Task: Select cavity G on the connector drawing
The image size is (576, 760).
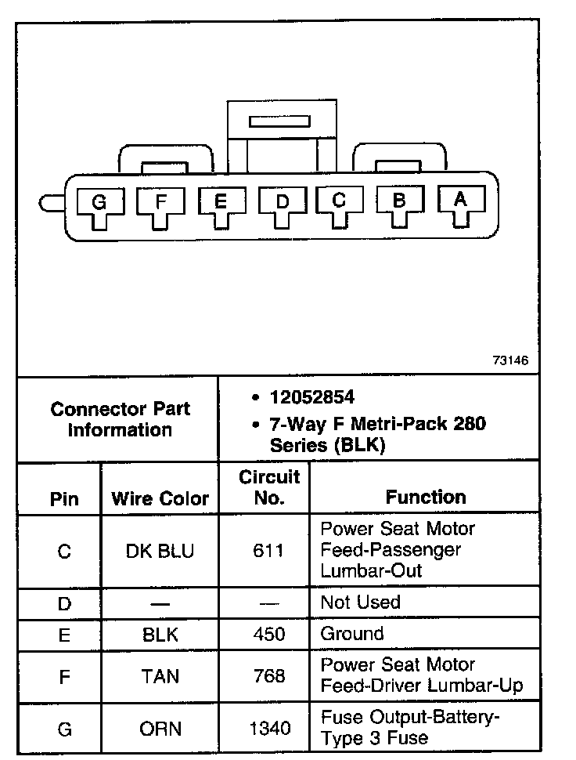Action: click(x=99, y=203)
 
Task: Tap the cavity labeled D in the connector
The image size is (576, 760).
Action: click(x=283, y=202)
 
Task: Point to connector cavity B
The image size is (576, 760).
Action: click(x=399, y=201)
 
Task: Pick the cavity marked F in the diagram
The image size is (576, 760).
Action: click(x=160, y=201)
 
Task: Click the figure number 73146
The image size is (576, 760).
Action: click(x=511, y=361)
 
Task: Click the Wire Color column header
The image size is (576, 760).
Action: click(x=160, y=498)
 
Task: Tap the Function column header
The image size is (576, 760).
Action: click(x=425, y=497)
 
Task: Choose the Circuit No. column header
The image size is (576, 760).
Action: click(x=269, y=487)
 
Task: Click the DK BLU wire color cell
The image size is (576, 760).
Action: click(x=160, y=551)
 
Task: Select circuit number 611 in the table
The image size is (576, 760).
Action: click(x=269, y=551)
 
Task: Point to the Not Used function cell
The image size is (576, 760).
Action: click(x=360, y=603)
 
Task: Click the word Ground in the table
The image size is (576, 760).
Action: click(x=352, y=634)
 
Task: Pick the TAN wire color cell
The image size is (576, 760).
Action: click(x=160, y=675)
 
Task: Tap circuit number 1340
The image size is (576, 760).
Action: click(x=269, y=729)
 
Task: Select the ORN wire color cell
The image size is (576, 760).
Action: click(x=160, y=729)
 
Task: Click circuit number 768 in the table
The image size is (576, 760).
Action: click(x=269, y=675)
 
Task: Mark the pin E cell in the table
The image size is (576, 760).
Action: click(x=64, y=635)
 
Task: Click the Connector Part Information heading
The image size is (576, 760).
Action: click(x=120, y=419)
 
